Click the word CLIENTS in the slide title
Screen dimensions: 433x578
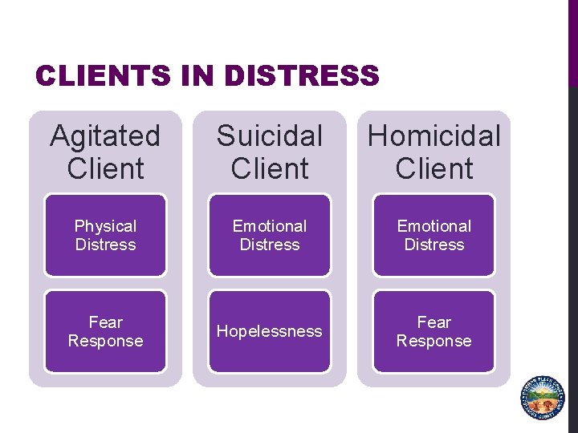pyautogui.click(x=103, y=76)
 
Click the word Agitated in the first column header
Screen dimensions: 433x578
pyautogui.click(x=105, y=136)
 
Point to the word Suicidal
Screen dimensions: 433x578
pyautogui.click(x=270, y=136)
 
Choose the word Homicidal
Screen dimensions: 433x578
pyautogui.click(x=434, y=136)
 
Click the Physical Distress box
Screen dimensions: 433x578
pyautogui.click(x=105, y=235)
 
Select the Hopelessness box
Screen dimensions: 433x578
pyautogui.click(x=270, y=331)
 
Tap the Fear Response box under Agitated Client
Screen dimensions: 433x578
pyautogui.click(x=105, y=331)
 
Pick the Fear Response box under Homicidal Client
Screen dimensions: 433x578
pyautogui.click(x=434, y=331)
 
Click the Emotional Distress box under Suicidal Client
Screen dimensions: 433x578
pyautogui.click(x=270, y=235)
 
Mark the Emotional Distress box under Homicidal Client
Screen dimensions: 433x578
pyautogui.click(x=434, y=235)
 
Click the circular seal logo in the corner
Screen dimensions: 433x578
pyautogui.click(x=543, y=397)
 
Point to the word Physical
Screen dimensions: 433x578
pyautogui.click(x=105, y=226)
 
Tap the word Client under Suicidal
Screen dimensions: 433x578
pyautogui.click(x=270, y=169)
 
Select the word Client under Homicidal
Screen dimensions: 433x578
pyautogui.click(x=434, y=169)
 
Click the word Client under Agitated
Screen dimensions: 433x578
pyautogui.click(x=105, y=169)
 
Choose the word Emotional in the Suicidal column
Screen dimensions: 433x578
pyautogui.click(x=270, y=226)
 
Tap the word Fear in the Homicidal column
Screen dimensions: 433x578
pyautogui.click(x=434, y=322)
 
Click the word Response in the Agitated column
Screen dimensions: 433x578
pyautogui.click(x=105, y=341)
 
